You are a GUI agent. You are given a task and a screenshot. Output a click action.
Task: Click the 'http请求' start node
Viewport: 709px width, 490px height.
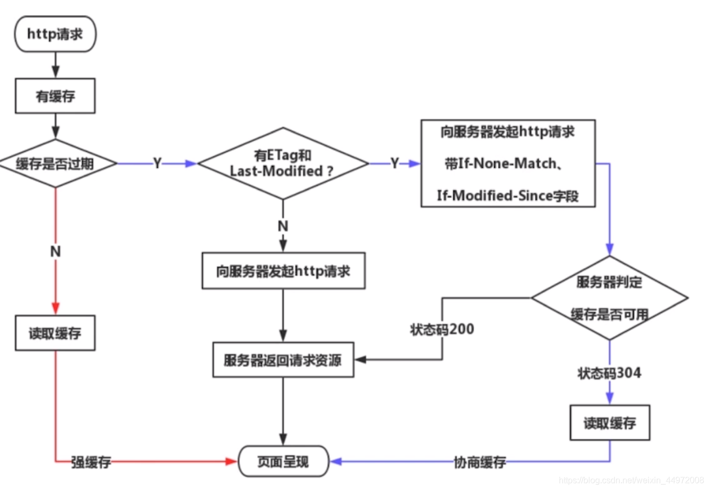click(x=55, y=34)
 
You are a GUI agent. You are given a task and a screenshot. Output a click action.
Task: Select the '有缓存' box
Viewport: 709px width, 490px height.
click(x=55, y=96)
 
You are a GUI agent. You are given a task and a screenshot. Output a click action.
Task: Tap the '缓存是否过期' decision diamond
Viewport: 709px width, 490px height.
click(x=55, y=164)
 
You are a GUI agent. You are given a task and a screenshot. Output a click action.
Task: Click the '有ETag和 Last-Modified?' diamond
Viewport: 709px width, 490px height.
click(x=282, y=164)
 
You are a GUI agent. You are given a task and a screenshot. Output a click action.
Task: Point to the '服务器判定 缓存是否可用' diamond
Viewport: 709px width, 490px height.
click(x=609, y=298)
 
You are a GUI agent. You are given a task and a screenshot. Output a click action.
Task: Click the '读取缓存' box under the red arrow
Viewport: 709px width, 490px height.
click(x=55, y=333)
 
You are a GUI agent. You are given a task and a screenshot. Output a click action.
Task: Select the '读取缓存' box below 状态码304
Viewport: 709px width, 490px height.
click(x=610, y=423)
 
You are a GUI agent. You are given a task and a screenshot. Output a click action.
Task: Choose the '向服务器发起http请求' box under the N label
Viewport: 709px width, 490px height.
click(x=283, y=271)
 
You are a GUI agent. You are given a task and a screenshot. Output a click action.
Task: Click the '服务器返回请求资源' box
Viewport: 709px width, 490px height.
click(x=283, y=360)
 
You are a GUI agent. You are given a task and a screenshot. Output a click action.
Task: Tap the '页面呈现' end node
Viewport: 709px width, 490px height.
click(x=283, y=461)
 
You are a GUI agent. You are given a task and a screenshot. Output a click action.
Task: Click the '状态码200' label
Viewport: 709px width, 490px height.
click(x=442, y=329)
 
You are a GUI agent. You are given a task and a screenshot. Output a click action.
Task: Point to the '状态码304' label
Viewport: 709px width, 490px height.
click(x=609, y=373)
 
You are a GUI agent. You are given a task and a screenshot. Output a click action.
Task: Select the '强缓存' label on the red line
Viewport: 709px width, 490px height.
click(x=91, y=462)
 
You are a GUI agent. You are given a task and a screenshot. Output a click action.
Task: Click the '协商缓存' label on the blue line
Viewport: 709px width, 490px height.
click(x=480, y=462)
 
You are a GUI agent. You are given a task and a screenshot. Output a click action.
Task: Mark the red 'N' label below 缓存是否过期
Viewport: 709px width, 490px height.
click(x=55, y=251)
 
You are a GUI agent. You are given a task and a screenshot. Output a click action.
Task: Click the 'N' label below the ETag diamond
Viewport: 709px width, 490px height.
click(x=283, y=226)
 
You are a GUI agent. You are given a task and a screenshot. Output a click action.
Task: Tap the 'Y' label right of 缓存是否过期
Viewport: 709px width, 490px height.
click(x=157, y=164)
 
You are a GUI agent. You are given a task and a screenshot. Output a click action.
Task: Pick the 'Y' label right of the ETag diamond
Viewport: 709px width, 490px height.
click(x=395, y=164)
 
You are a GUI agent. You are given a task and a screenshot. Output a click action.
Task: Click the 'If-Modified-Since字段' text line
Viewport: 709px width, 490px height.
click(x=507, y=196)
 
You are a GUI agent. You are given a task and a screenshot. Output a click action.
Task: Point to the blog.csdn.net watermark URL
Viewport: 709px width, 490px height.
click(x=631, y=480)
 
